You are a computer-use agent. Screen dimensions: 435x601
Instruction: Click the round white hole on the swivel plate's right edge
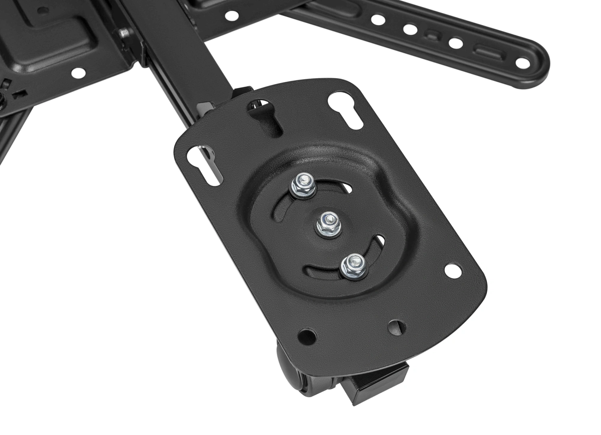453,271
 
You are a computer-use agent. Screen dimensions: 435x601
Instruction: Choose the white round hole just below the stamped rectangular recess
79,73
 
